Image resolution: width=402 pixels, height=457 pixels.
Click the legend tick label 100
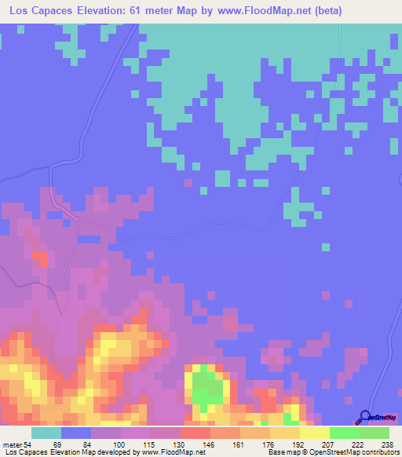(x=119, y=444)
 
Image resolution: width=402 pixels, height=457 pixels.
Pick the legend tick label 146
(x=208, y=444)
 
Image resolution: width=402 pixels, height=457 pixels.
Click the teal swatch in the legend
(x=46, y=433)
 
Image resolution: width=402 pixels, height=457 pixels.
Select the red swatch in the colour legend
(x=195, y=433)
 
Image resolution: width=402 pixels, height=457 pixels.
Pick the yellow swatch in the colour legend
(x=314, y=433)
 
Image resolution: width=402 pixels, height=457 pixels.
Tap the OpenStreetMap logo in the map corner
(x=379, y=418)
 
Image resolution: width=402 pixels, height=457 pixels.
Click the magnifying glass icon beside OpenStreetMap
(x=365, y=417)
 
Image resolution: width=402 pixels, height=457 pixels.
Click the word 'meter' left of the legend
(x=12, y=444)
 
